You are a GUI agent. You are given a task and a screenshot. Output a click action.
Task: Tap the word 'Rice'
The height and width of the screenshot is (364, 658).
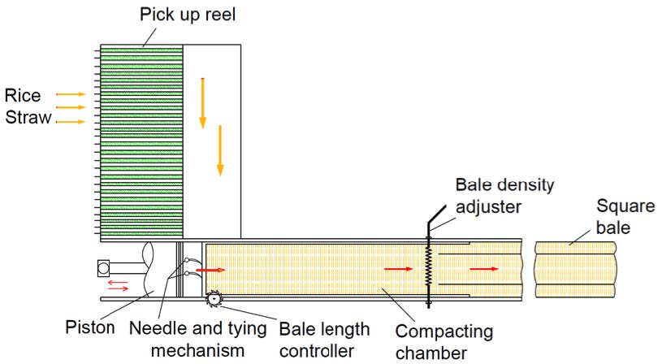pos(23,96)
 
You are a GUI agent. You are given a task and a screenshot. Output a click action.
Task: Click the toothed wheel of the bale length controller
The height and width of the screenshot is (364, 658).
pos(213,301)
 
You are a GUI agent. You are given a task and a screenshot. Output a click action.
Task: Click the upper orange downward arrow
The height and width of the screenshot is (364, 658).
pos(203,103)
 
